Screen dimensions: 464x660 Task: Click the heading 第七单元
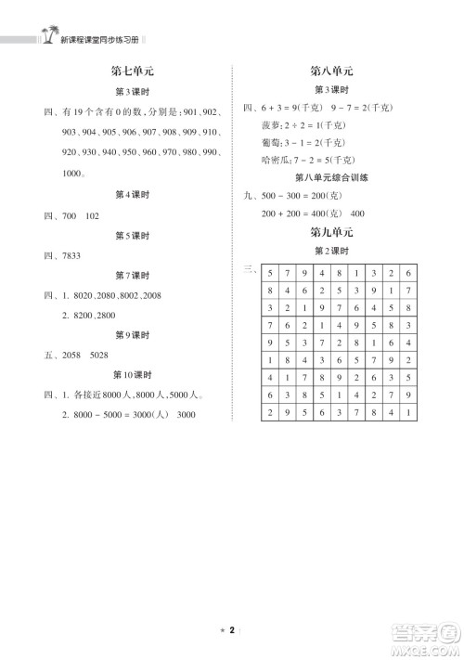tap(130, 71)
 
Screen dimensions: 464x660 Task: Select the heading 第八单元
tap(329, 71)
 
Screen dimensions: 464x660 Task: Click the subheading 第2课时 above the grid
tap(329, 252)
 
